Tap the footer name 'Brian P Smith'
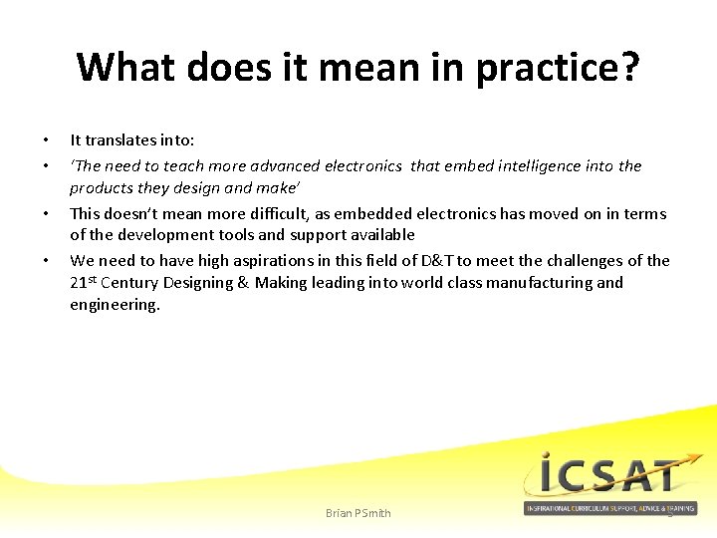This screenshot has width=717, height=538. (358, 513)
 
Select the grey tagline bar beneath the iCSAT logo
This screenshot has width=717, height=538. (609, 509)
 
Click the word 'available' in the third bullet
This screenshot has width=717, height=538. (382, 235)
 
